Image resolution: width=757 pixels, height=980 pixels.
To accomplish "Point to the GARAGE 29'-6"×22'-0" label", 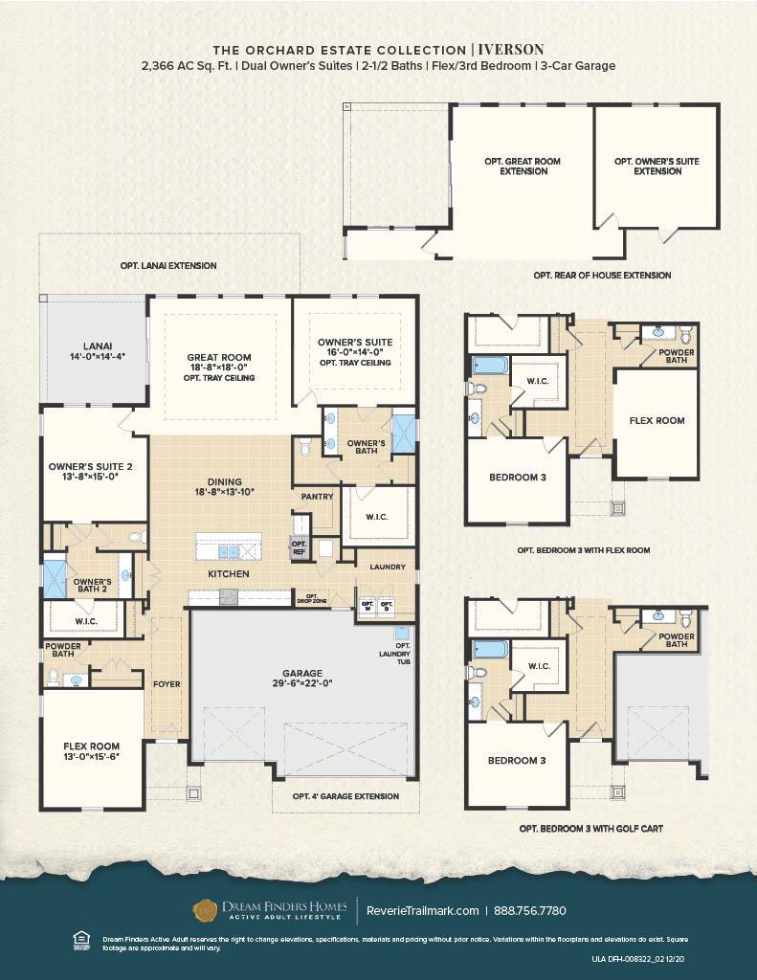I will coord(301,679).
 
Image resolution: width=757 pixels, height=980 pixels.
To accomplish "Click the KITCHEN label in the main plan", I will coord(230,573).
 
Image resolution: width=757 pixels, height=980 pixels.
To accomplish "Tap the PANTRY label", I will coord(317,497).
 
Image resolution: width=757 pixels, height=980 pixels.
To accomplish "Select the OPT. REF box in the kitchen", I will coord(298,546).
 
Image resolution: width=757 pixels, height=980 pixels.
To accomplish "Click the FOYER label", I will coord(167,684).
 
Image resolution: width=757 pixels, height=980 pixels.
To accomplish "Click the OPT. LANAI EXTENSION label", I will coord(168,265).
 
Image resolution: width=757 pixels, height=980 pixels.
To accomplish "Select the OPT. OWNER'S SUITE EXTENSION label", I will coord(657,167).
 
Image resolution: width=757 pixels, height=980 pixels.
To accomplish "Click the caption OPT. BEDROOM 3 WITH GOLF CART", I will coord(590,829).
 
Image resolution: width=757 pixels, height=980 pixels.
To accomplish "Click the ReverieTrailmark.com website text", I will coord(422,910).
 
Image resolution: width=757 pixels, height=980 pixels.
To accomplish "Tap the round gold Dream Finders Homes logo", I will coord(205,910).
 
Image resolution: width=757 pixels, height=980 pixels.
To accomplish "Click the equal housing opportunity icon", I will coord(80,942).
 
